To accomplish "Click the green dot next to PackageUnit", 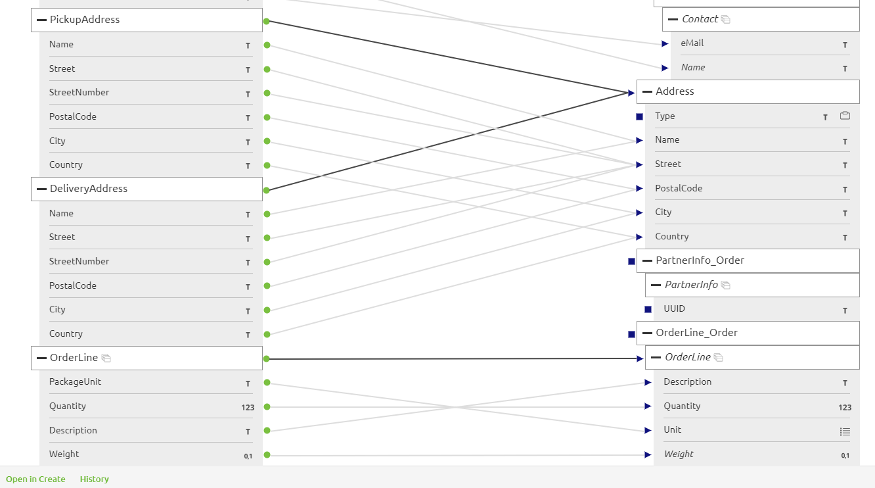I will pyautogui.click(x=267, y=382).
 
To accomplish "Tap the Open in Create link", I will pyautogui.click(x=35, y=479).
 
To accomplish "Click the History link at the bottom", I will pyautogui.click(x=95, y=479).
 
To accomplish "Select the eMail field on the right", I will pyautogui.click(x=692, y=43).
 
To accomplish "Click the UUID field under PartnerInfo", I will pyautogui.click(x=674, y=308).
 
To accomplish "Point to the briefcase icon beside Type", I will pyautogui.click(x=845, y=116).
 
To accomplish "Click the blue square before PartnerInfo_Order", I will pyautogui.click(x=631, y=261).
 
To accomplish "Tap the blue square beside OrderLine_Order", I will pyautogui.click(x=631, y=334).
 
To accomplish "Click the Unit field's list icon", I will pyautogui.click(x=845, y=431).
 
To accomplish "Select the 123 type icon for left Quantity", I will pyautogui.click(x=247, y=407).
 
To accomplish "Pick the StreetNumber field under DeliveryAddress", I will pyautogui.click(x=79, y=262).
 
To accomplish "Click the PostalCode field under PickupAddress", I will pyautogui.click(x=72, y=117).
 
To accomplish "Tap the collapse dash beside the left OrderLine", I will pyautogui.click(x=41, y=358).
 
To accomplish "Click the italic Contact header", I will pyautogui.click(x=700, y=19).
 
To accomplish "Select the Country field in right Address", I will pyautogui.click(x=671, y=237).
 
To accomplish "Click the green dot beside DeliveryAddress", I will pyautogui.click(x=267, y=190).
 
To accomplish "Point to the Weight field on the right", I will pyautogui.click(x=679, y=454).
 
